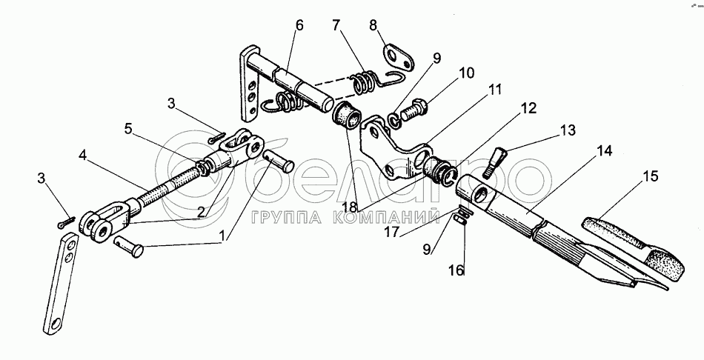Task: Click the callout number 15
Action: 649,177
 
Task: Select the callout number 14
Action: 605,151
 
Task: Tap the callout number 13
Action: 567,131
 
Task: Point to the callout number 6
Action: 299,25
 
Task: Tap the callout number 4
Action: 82,157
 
